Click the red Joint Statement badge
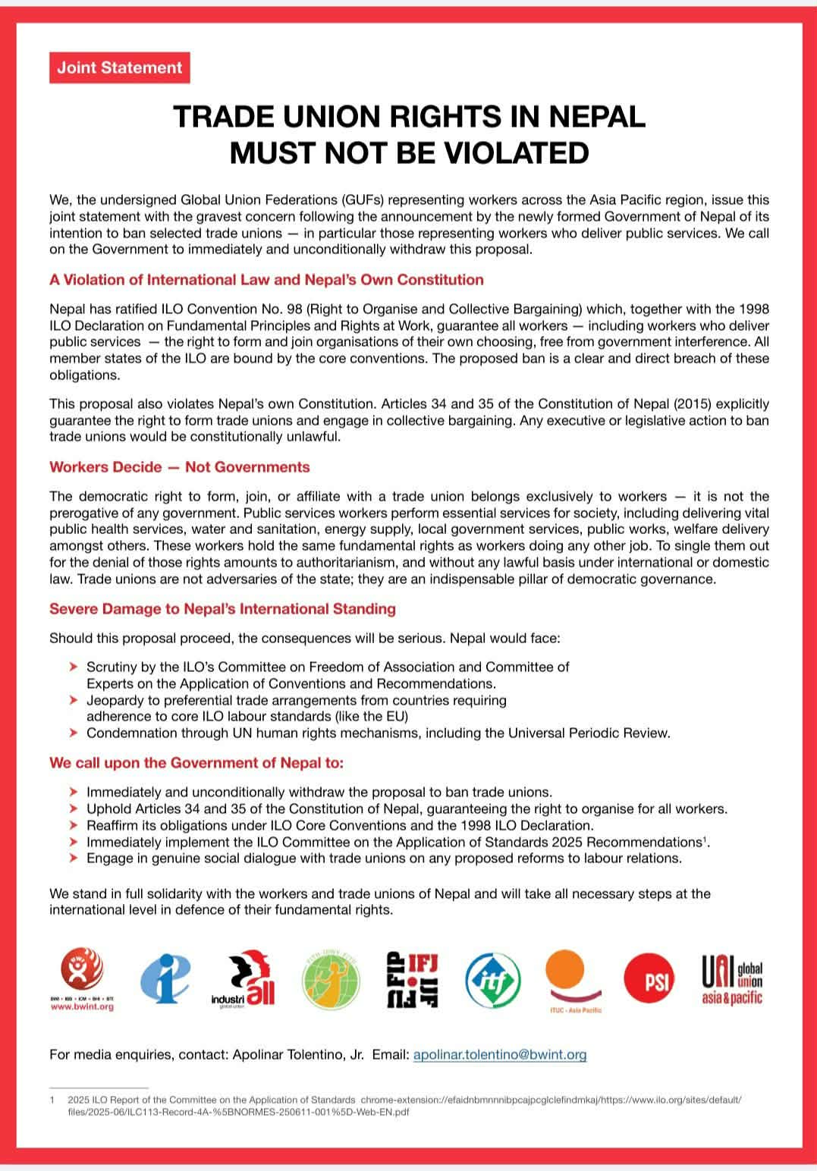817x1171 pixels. click(x=120, y=67)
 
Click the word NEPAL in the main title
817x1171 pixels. click(x=597, y=117)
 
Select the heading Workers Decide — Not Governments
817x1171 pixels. click(x=180, y=467)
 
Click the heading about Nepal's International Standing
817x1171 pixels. click(x=222, y=609)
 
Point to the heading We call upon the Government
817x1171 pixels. click(x=196, y=763)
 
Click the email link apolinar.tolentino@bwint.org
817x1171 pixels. click(x=500, y=1055)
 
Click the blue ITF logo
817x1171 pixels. click(x=493, y=981)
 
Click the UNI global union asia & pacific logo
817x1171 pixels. click(x=732, y=981)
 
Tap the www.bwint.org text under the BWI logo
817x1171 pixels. click(x=82, y=1007)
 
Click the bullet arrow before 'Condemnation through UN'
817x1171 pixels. click(x=73, y=733)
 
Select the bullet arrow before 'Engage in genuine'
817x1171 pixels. click(x=73, y=859)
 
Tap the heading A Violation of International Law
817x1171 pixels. click(x=266, y=280)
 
